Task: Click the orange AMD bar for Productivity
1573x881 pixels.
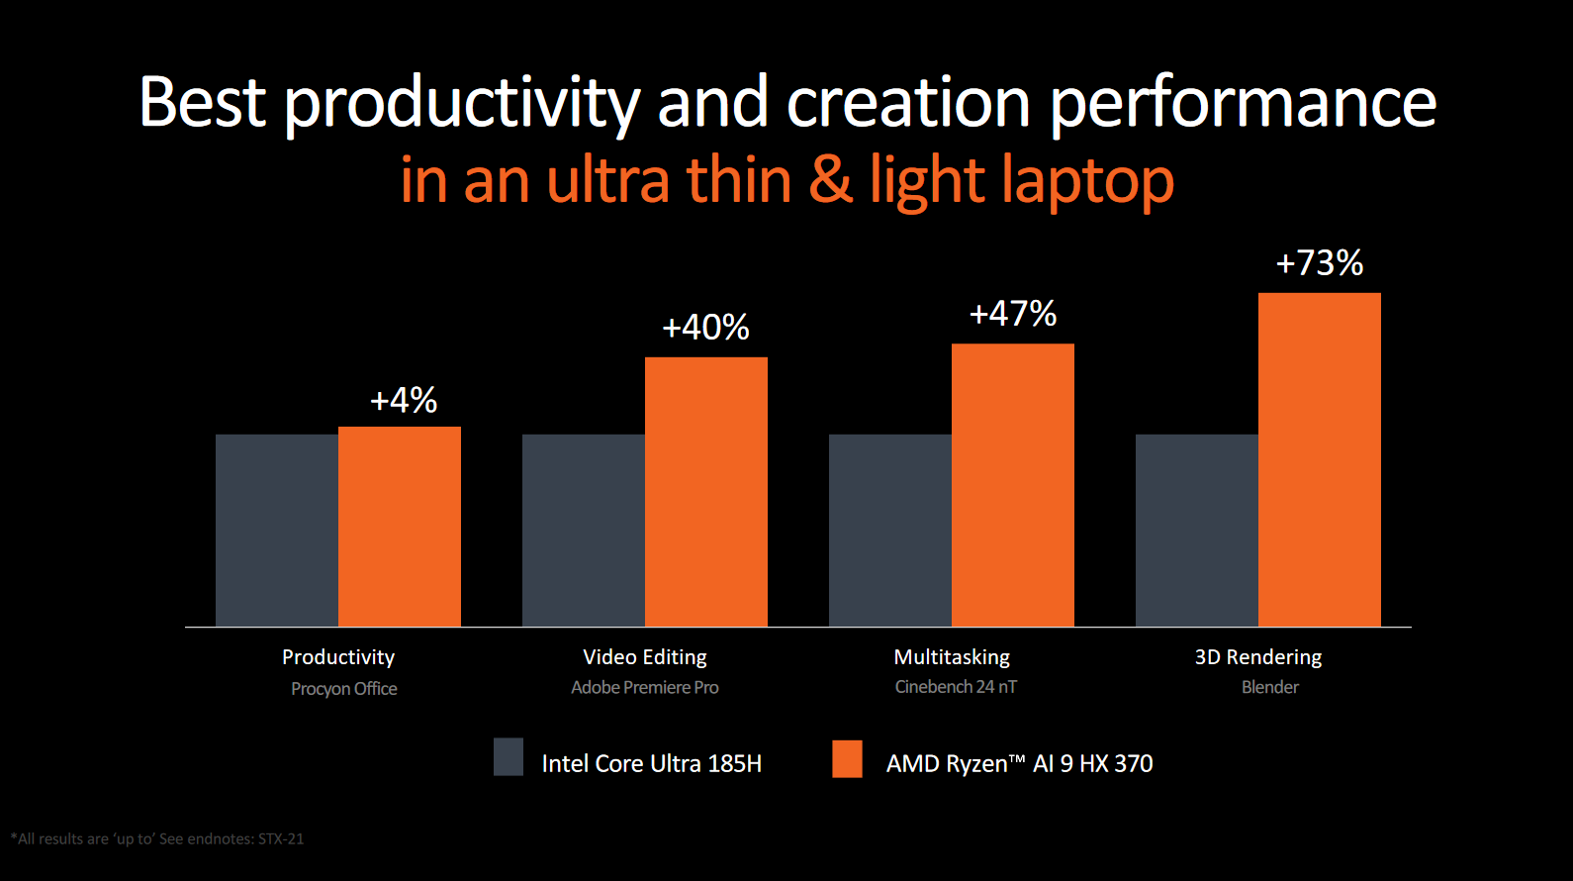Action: coord(400,527)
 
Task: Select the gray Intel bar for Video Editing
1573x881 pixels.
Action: coord(584,531)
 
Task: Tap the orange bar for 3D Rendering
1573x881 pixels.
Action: coord(1319,459)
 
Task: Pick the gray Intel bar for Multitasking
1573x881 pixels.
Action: coord(890,531)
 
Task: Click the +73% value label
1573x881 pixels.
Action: coord(1319,263)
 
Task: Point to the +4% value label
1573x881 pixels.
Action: coord(404,401)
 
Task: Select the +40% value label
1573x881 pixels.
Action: coord(705,328)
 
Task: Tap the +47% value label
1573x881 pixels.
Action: coord(1013,314)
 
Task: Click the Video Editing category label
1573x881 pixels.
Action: coord(645,657)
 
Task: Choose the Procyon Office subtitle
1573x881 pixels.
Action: coord(344,689)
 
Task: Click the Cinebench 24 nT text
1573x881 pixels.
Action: coord(956,687)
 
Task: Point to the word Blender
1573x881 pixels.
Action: coord(1270,687)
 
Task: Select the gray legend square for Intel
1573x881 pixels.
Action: coord(509,757)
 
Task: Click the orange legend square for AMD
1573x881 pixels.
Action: coord(847,759)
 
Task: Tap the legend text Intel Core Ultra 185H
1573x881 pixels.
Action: coord(651,764)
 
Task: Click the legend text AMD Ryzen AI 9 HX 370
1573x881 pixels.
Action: coord(1019,764)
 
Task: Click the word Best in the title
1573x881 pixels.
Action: coord(203,102)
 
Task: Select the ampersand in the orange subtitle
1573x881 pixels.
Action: coord(830,180)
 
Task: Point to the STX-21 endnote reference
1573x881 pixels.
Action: coord(281,839)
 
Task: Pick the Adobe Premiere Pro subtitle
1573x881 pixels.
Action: coord(645,687)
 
